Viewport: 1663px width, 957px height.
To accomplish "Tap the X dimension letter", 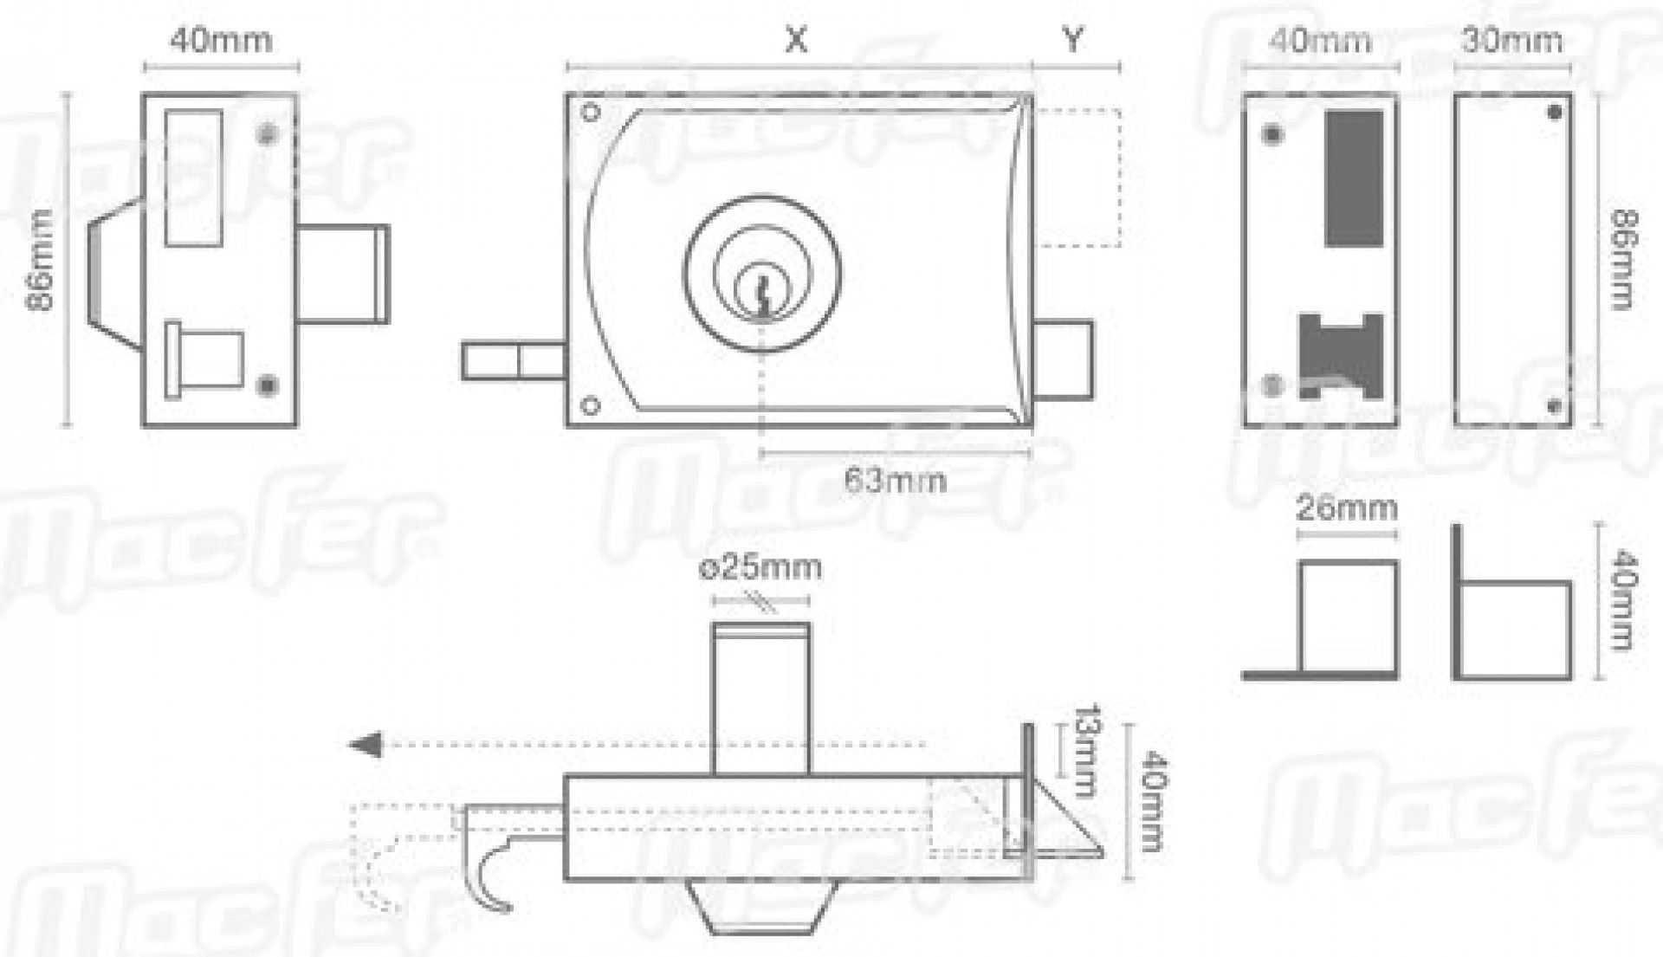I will tap(795, 39).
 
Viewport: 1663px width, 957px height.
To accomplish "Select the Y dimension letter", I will tap(1072, 39).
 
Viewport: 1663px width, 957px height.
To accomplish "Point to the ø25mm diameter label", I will tap(760, 568).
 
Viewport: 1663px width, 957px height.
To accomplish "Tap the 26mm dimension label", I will tap(1346, 508).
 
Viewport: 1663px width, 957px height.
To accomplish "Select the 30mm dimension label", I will tap(1511, 41).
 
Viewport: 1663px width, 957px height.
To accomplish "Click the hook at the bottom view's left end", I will tap(489, 879).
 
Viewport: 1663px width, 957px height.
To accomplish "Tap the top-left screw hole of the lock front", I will tap(592, 113).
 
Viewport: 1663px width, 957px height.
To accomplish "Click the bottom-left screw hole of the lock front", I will tap(591, 405).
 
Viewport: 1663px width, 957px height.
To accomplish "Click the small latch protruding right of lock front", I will tap(1064, 359).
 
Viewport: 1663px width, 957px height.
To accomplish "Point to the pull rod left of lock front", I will tap(513, 361).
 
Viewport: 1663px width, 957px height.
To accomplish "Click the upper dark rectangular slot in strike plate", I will tap(1354, 178).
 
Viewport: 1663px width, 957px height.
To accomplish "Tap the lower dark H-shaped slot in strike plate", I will tap(1338, 355).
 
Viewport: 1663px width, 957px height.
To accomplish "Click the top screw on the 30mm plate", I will tap(1554, 113).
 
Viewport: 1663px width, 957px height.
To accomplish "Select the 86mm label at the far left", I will tap(41, 260).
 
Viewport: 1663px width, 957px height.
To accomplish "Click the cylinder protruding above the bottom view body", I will tap(760, 697).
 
